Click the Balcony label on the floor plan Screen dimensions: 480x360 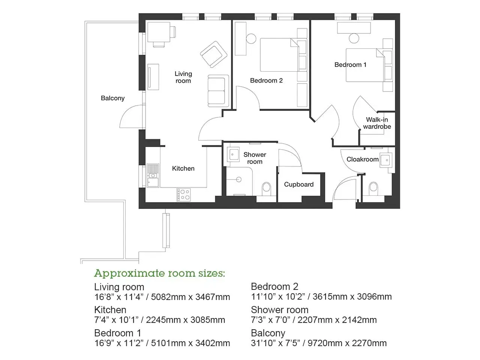[x=112, y=98]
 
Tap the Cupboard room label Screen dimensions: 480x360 [x=299, y=184]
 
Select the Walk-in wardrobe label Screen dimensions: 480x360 [x=377, y=123]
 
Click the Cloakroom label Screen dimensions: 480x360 [x=363, y=159]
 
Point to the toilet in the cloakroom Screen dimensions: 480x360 [x=373, y=188]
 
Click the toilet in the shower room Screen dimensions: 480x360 [x=266, y=188]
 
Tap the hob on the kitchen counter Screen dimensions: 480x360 [x=183, y=195]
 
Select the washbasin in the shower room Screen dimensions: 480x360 [x=233, y=154]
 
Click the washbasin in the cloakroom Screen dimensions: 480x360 [x=386, y=160]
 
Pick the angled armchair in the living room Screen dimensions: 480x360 [x=214, y=54]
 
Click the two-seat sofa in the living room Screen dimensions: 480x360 [x=218, y=91]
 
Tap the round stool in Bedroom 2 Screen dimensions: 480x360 [x=251, y=39]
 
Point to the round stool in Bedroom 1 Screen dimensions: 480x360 [x=354, y=39]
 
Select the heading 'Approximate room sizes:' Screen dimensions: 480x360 [x=159, y=273]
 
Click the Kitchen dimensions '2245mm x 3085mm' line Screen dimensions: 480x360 [x=186, y=320]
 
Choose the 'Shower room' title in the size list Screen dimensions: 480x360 [x=279, y=310]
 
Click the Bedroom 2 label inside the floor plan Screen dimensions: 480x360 [x=266, y=81]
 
